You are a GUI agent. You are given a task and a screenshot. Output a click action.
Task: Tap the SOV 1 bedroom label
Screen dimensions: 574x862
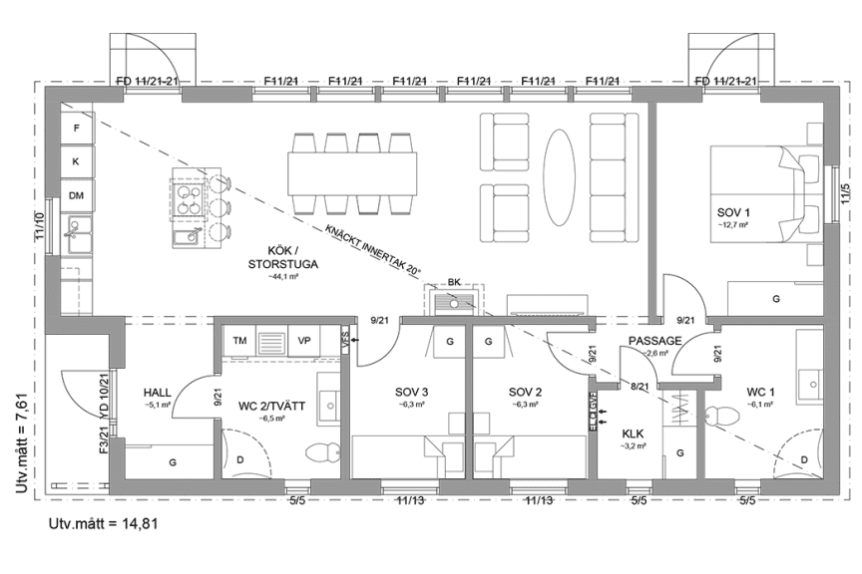733,212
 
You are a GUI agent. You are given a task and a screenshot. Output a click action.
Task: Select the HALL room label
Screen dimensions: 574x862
159,393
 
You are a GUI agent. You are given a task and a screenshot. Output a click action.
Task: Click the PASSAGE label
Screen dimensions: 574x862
653,341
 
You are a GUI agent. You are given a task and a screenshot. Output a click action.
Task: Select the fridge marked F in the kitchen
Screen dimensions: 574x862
76,128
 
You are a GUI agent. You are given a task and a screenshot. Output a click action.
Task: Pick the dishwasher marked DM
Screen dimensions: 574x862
76,195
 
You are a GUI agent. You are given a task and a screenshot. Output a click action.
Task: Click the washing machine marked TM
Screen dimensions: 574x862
239,341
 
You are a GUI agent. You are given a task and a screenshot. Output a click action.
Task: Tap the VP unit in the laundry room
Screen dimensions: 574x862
303,341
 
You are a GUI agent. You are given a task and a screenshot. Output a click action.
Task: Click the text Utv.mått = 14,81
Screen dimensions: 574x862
104,522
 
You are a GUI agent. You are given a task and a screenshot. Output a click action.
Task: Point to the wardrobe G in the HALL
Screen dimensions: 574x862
172,461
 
